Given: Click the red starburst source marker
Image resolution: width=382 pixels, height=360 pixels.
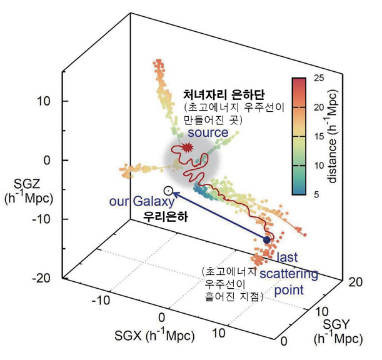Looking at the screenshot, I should point(186,149).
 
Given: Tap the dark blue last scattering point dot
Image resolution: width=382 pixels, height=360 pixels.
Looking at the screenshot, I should point(266,240).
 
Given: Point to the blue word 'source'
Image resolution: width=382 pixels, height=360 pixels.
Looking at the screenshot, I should point(208,133).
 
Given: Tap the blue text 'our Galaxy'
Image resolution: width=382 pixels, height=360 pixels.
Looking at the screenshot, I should point(135,202).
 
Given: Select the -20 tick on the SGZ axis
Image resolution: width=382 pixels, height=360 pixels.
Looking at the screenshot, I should point(46,278).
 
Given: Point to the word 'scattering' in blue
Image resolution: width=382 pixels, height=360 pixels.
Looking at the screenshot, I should point(288,274).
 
